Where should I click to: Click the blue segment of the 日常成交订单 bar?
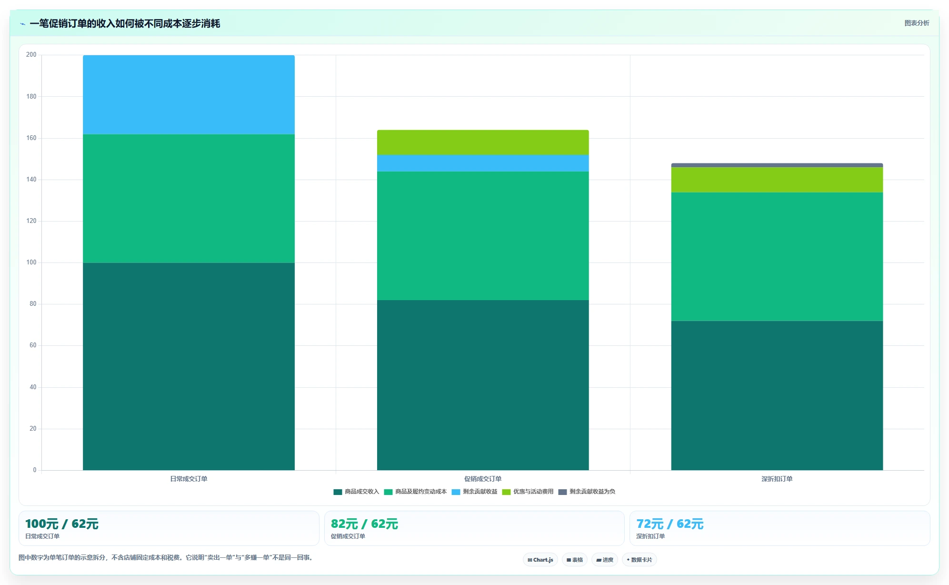(189, 95)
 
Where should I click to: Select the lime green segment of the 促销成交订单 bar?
(483, 142)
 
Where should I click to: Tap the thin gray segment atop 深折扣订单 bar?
(777, 165)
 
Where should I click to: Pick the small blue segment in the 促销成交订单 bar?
(483, 163)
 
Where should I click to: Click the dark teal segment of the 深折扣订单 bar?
(777, 395)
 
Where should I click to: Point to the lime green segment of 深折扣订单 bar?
(777, 180)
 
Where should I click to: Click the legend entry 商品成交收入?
(356, 492)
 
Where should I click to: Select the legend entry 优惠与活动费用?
(528, 492)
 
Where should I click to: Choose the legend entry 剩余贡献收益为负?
(587, 492)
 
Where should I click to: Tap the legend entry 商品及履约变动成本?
(415, 492)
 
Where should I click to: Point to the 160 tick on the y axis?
(31, 138)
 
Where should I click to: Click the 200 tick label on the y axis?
(31, 55)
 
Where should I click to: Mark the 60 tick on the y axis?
(33, 345)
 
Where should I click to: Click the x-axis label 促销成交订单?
(483, 479)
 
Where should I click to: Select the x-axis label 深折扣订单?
(777, 479)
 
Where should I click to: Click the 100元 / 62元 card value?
(62, 524)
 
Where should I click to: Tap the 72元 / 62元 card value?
(670, 524)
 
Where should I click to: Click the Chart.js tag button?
(540, 560)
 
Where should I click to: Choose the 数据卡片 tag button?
(639, 560)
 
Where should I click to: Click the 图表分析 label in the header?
(917, 23)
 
